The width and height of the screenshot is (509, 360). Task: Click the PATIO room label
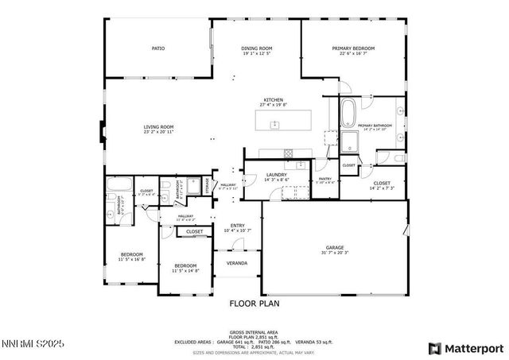click(158, 48)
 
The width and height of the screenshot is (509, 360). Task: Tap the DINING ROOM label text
click(256, 48)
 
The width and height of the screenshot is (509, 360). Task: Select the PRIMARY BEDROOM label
click(353, 48)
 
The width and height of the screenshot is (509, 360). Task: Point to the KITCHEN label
click(274, 100)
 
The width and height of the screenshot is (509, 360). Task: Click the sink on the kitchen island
click(275, 125)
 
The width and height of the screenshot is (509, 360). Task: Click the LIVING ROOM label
click(158, 127)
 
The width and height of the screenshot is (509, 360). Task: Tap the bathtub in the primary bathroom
click(350, 113)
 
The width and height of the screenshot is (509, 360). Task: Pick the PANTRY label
click(324, 179)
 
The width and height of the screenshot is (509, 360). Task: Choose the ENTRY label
click(238, 226)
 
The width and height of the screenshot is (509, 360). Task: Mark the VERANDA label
click(236, 263)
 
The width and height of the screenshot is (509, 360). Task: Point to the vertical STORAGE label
click(208, 186)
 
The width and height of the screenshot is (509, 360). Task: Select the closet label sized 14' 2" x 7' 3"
click(382, 184)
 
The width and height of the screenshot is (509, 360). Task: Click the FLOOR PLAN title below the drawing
click(254, 303)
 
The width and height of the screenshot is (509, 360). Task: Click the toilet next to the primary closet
click(398, 159)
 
